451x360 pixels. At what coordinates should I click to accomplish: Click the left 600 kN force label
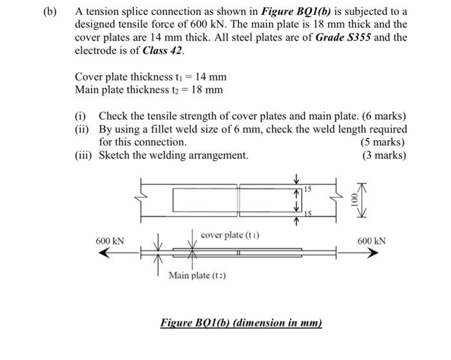coord(110,241)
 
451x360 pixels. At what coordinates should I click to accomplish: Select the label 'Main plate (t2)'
coord(197,276)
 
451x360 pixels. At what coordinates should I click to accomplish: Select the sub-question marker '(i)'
coord(81,116)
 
